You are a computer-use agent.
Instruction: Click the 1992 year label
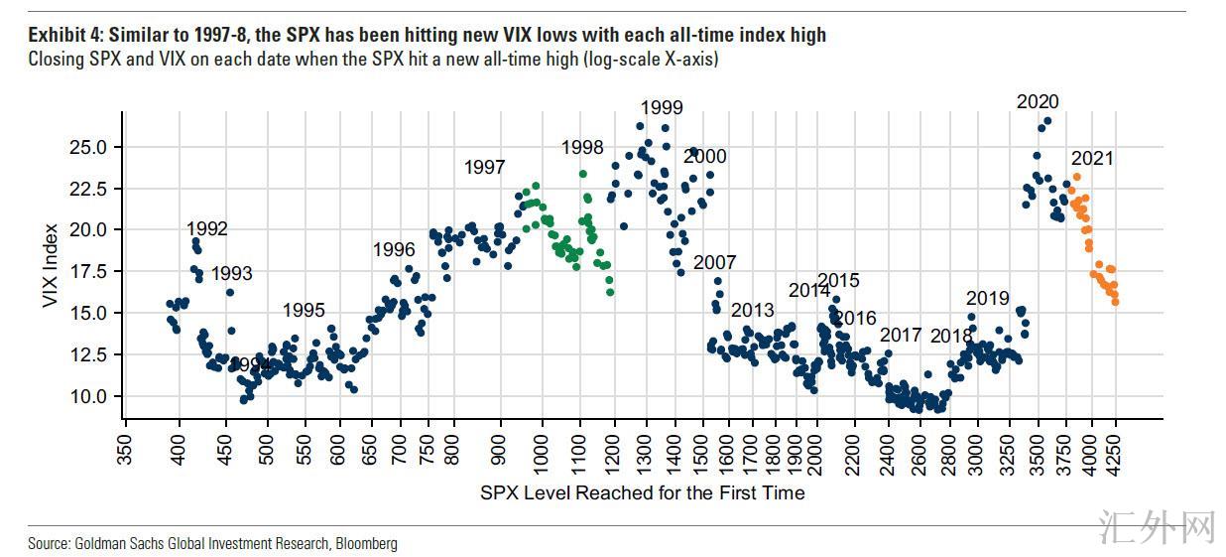tap(207, 229)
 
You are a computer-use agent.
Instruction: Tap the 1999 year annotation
tap(662, 108)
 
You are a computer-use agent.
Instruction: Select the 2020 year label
tap(1038, 101)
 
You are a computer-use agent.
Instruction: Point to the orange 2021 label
tap(1092, 159)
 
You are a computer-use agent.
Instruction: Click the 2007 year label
tap(714, 263)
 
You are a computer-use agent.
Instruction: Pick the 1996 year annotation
tap(394, 250)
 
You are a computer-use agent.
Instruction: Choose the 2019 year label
tap(987, 298)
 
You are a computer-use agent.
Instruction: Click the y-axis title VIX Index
tap(51, 265)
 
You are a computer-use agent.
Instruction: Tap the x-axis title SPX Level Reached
tap(642, 492)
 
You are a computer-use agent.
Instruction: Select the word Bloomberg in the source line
tap(366, 543)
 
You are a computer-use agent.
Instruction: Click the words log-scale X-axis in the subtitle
tap(655, 60)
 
